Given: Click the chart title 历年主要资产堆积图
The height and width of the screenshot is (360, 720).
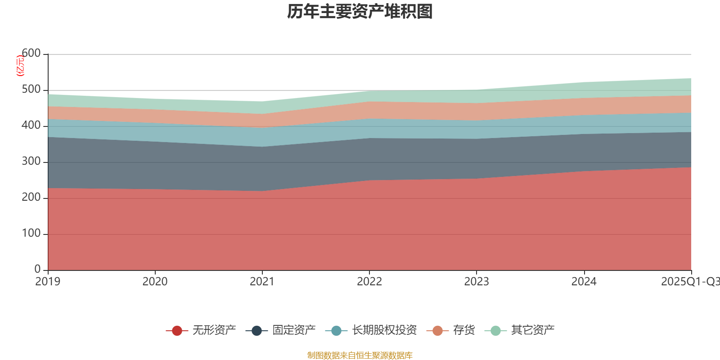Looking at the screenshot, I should pyautogui.click(x=360, y=12).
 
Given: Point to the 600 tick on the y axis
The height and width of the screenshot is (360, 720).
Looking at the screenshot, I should pyautogui.click(x=31, y=54).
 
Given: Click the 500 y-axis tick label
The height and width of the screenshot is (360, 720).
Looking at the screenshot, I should pyautogui.click(x=31, y=90).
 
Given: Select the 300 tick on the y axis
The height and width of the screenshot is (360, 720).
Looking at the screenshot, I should pyautogui.click(x=31, y=162).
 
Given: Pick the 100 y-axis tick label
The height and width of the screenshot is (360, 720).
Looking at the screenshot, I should pyautogui.click(x=31, y=234).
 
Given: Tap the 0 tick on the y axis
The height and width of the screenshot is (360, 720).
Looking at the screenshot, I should pyautogui.click(x=37, y=269).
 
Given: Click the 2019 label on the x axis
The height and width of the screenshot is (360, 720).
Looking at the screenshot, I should pyautogui.click(x=48, y=282).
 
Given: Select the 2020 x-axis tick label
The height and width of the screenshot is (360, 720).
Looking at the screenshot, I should pyautogui.click(x=155, y=282).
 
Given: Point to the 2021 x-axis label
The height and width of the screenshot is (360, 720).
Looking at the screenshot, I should pyautogui.click(x=262, y=282).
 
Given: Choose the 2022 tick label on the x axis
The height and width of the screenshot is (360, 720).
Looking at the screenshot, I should pyautogui.click(x=369, y=282).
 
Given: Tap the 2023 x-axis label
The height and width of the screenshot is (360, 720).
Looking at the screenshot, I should pyautogui.click(x=476, y=282).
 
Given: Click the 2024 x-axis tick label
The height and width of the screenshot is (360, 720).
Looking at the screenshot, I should pyautogui.click(x=584, y=282).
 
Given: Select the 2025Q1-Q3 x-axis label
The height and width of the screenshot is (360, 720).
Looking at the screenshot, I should pyautogui.click(x=690, y=282).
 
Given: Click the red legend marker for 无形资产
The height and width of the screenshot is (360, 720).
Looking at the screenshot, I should pyautogui.click(x=177, y=331).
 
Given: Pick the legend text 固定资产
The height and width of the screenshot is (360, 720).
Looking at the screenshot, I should pyautogui.click(x=294, y=330).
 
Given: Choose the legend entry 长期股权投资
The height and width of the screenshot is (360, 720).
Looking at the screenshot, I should pyautogui.click(x=384, y=330).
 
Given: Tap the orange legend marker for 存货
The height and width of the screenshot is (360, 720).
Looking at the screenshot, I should pyautogui.click(x=437, y=331).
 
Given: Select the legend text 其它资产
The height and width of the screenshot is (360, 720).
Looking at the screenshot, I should pyautogui.click(x=533, y=330).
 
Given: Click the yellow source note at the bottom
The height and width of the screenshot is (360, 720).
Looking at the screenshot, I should pyautogui.click(x=360, y=355).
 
